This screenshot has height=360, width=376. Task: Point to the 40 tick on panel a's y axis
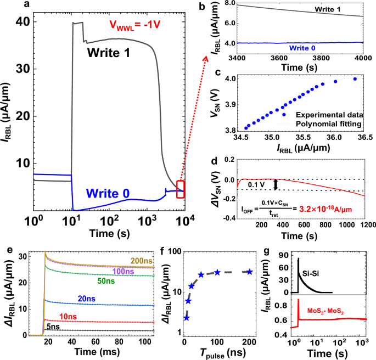[x=23, y=22]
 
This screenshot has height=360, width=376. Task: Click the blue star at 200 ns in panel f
[x=249, y=272]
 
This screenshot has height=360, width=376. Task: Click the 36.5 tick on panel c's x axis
[x=363, y=147]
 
